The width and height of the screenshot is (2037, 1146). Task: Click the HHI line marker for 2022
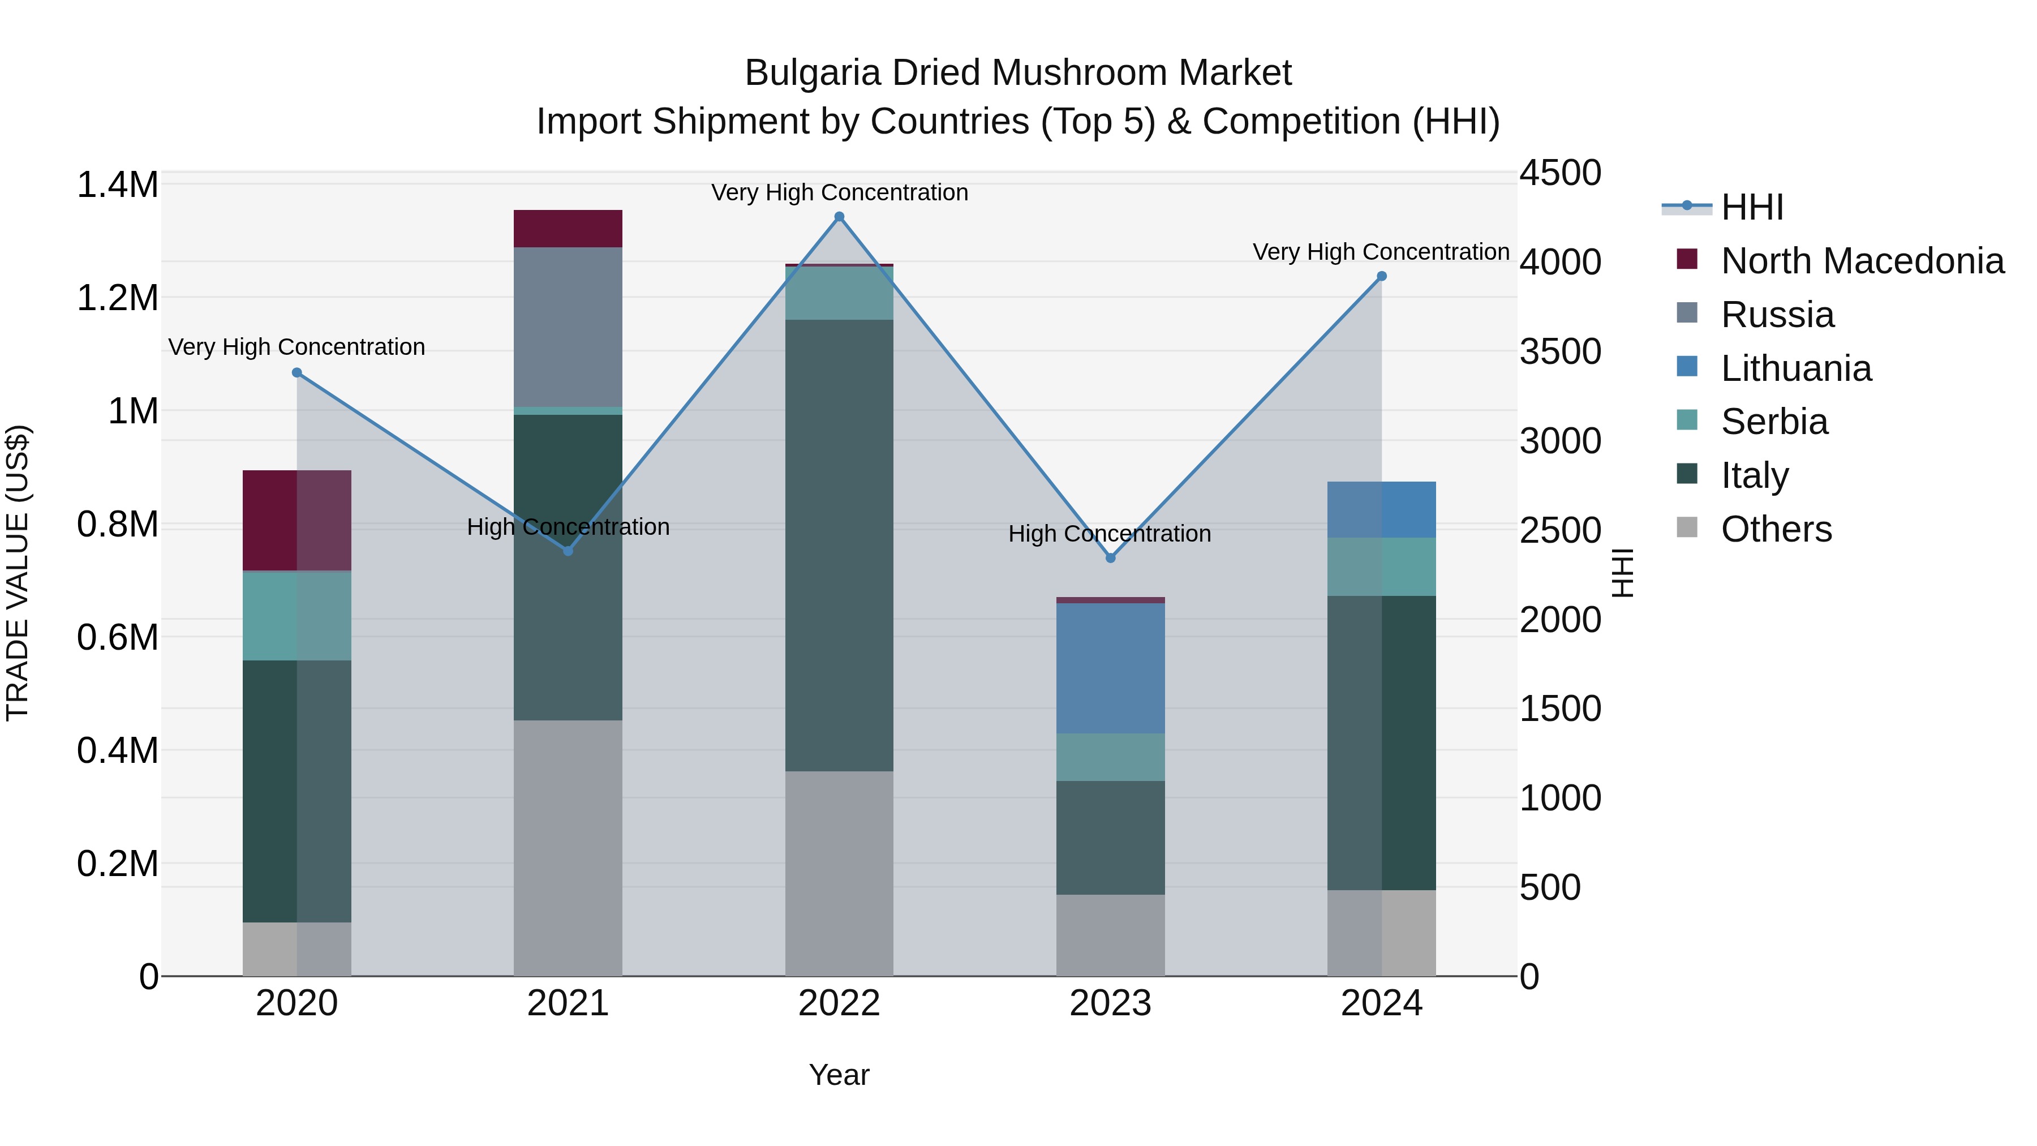coord(839,217)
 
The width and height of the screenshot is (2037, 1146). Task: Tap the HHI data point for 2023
coord(1110,557)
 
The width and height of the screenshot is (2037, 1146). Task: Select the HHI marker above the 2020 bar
coord(296,372)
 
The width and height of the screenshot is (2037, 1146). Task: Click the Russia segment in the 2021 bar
coord(568,327)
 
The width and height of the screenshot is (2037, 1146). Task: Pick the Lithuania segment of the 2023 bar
coord(1110,668)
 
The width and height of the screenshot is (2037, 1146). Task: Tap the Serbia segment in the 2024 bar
coord(1381,566)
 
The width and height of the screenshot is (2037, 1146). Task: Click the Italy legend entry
coord(1754,475)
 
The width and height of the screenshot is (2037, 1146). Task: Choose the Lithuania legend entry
coord(1796,368)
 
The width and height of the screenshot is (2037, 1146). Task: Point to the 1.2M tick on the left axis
coord(118,298)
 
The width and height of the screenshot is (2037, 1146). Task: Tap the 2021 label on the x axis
coord(568,1003)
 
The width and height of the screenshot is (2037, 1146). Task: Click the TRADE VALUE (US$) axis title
coord(18,573)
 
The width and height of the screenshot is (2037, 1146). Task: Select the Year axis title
coord(839,1075)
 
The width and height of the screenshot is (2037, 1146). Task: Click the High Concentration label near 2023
coord(1110,534)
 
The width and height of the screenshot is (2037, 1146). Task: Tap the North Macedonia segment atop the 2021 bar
coord(568,229)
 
